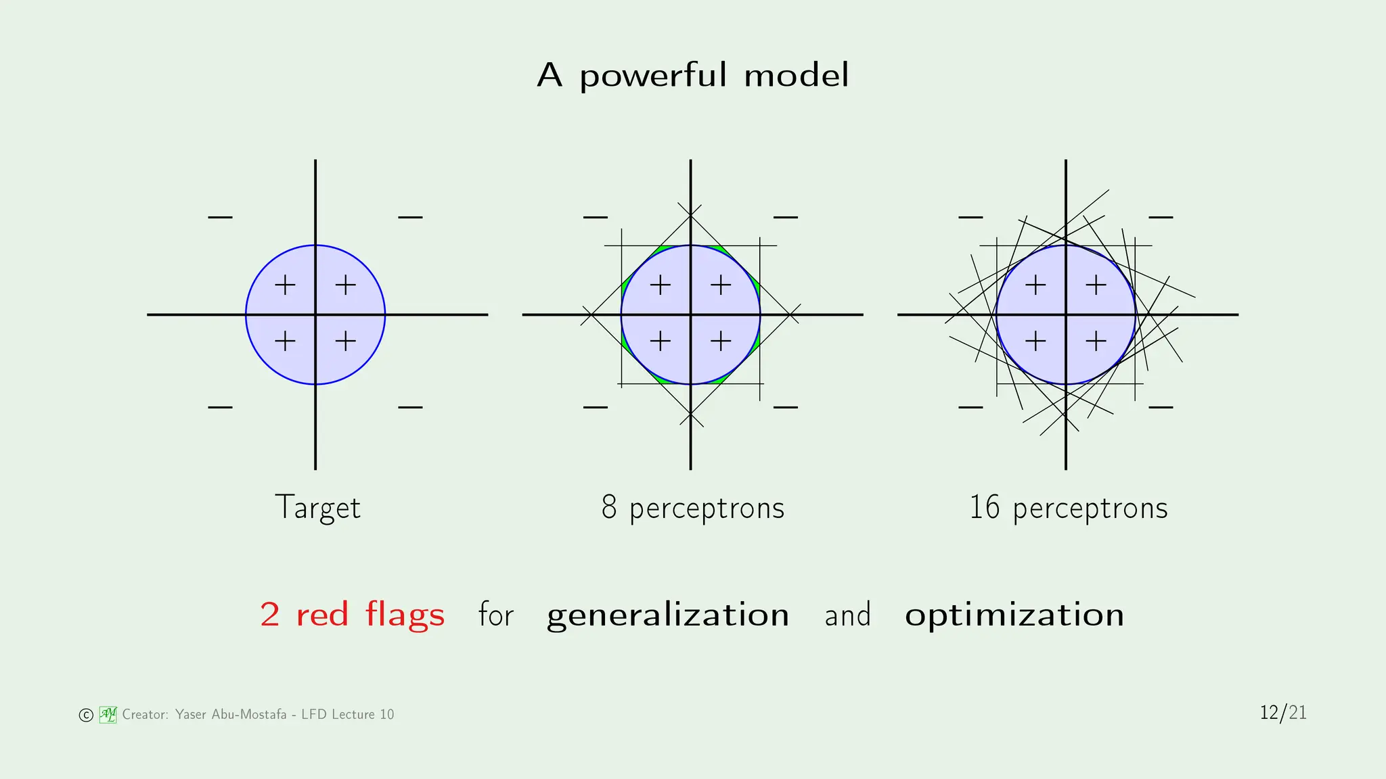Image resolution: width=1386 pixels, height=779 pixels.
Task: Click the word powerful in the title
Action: coord(652,75)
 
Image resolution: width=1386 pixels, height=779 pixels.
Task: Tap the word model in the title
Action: coord(796,75)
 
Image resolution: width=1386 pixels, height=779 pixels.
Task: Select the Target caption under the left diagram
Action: coord(317,508)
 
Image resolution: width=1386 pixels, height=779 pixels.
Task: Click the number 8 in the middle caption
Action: coord(609,508)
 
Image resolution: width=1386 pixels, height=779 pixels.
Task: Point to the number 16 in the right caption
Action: coord(984,508)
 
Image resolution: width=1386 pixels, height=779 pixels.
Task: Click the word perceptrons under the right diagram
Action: coord(1090,509)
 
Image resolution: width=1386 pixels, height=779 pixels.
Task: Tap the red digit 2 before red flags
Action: coord(270,615)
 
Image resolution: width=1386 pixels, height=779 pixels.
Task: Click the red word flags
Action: coord(405,615)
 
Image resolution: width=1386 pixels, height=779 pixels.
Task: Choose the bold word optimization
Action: coord(1014,615)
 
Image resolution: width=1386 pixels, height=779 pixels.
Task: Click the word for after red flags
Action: coord(496,615)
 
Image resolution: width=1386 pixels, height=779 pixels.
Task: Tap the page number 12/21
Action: coord(1283,713)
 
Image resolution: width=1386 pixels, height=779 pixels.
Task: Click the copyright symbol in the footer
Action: coord(86,715)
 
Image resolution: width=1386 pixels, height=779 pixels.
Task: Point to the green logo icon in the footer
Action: coord(108,715)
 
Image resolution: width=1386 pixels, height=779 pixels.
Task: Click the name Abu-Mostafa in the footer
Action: coord(249,715)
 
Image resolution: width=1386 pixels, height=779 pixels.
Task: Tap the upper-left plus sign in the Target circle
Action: coord(285,285)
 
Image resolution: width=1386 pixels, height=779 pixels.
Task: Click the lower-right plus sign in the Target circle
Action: coord(346,341)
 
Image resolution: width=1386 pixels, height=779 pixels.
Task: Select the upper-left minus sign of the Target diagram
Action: coord(220,218)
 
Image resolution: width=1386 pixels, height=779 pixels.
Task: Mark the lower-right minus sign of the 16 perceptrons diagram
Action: coord(1161,408)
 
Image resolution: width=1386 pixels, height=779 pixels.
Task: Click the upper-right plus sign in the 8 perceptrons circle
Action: coord(721,285)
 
